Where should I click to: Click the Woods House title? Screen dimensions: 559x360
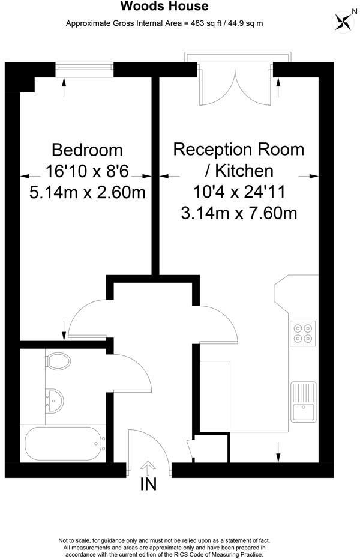pyautogui.click(x=164, y=7)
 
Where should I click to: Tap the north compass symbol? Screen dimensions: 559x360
pyautogui.click(x=343, y=22)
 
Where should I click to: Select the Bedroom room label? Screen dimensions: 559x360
pyautogui.click(x=87, y=150)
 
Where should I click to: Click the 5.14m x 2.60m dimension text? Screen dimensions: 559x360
pyautogui.click(x=87, y=192)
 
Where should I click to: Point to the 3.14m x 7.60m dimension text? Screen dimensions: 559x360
pyautogui.click(x=239, y=213)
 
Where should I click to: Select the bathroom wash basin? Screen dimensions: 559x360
pyautogui.click(x=55, y=399)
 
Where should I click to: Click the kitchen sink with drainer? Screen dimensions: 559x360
pyautogui.click(x=303, y=402)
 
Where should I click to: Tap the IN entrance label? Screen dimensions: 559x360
pyautogui.click(x=148, y=485)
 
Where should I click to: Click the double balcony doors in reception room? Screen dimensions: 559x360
pyautogui.click(x=238, y=81)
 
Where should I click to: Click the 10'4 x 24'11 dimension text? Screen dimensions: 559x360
pyautogui.click(x=238, y=192)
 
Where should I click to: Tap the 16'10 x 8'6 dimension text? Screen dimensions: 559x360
pyautogui.click(x=87, y=171)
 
